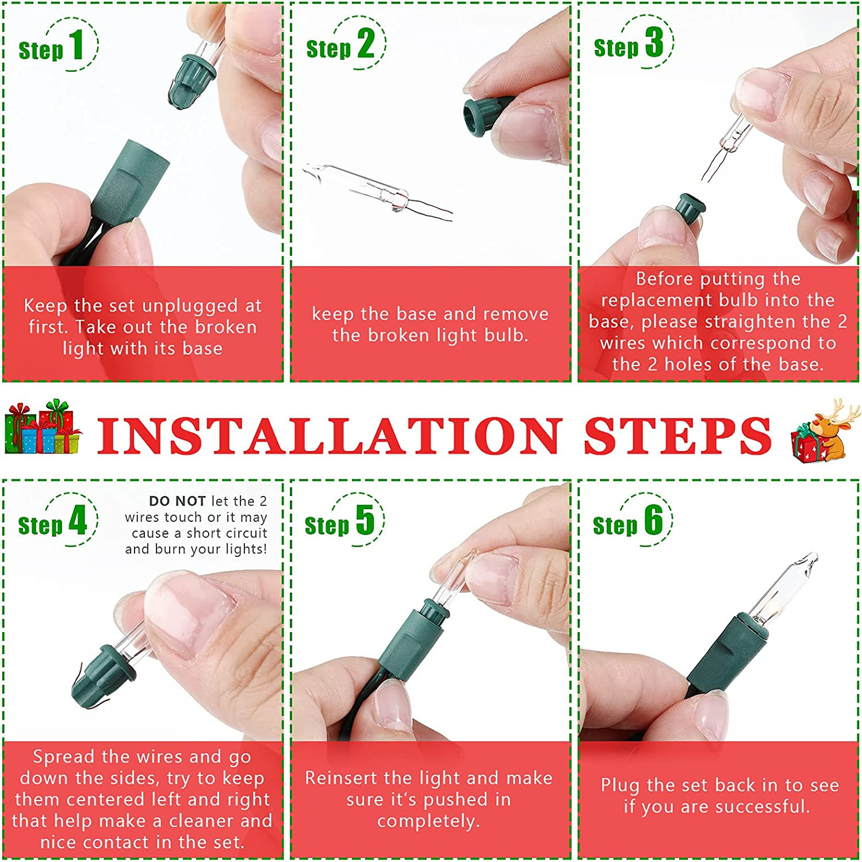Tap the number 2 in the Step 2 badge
[x=366, y=44]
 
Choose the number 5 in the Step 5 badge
[x=365, y=520]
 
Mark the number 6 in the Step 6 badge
[x=653, y=520]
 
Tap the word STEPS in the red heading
[x=677, y=435]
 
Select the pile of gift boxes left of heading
[x=43, y=429]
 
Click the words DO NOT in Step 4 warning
[x=177, y=501]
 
